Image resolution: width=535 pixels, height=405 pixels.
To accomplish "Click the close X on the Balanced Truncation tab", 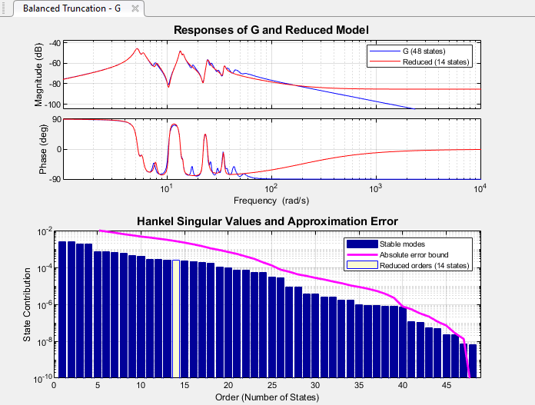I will tap(135, 8).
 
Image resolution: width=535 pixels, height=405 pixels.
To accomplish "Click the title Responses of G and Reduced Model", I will tap(272, 30).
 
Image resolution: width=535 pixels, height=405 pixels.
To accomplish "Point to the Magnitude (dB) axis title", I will tap(39, 75).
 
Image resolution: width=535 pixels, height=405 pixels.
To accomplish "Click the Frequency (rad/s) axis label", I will tap(272, 201).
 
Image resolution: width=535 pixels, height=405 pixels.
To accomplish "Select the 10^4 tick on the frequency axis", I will tap(480, 189).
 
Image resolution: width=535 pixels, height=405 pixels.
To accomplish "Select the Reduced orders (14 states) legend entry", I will tap(424, 265).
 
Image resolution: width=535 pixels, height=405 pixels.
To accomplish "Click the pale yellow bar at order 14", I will tap(176, 319).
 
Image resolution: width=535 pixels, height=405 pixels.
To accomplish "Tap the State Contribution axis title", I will tap(26, 304).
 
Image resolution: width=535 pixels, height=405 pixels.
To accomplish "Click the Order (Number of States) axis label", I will tap(267, 398).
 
